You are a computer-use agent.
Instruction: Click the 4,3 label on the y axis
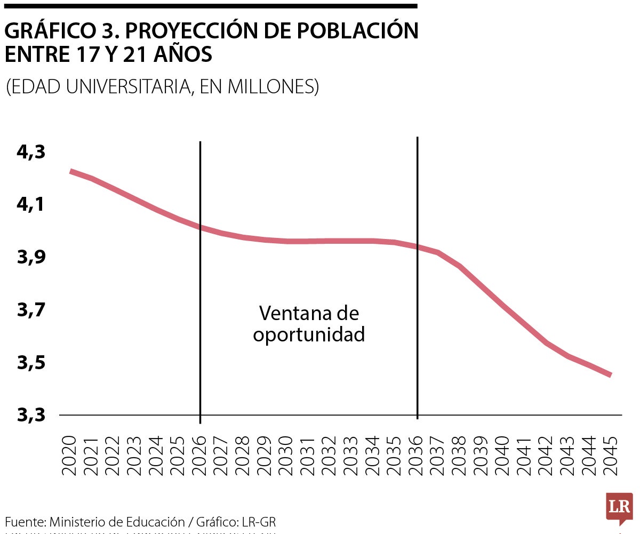31,153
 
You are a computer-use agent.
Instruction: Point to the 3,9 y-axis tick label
31,258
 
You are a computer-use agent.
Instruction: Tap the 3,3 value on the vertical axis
31,415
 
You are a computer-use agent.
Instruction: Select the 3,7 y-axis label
31,310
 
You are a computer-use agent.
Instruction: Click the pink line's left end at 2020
71,171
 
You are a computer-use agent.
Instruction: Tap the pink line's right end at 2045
610,375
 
